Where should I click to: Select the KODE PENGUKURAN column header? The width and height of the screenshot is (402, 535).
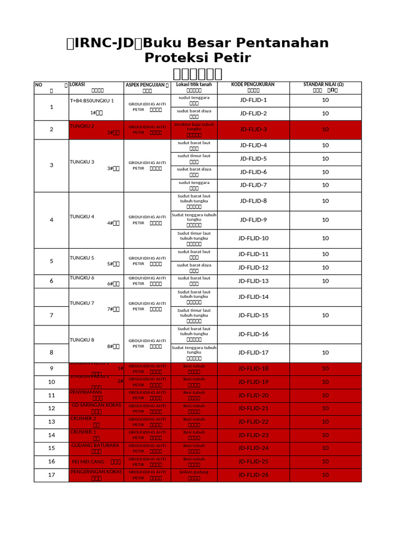coord(253,84)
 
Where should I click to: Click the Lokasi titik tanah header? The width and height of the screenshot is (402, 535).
coord(194,84)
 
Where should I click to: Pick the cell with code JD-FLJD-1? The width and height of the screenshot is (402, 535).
coord(253,100)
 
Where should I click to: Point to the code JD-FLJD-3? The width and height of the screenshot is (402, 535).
coord(253,130)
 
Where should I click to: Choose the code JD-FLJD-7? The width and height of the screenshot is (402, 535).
coord(253,185)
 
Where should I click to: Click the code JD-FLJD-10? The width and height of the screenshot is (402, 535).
coord(253,238)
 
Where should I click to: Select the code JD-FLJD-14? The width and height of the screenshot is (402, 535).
coord(253,297)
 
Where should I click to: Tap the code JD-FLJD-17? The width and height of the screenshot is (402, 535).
coord(253,353)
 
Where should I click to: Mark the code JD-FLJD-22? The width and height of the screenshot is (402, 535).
coord(253,422)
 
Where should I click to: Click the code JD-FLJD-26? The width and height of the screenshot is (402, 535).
coord(253,475)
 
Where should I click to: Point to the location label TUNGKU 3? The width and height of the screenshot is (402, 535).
coord(82,162)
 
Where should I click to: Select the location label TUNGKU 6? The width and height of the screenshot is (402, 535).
coord(82,277)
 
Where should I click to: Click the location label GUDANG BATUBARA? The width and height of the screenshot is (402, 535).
coord(95,445)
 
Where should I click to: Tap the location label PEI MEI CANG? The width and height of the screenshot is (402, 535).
coord(88,462)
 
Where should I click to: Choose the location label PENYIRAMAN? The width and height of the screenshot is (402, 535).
coord(86,392)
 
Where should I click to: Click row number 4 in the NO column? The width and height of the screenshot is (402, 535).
coord(51,220)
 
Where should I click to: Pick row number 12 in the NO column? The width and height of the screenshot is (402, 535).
coord(51,409)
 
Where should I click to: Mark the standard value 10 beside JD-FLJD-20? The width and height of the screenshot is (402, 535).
coord(325,396)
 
